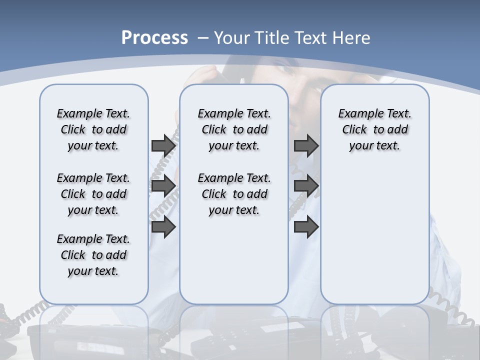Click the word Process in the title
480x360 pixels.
154,38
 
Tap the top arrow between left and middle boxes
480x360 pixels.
163,145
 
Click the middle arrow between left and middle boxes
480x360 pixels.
163,186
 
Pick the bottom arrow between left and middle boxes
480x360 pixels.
163,226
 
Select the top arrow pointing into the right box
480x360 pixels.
306,145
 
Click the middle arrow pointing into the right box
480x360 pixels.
306,186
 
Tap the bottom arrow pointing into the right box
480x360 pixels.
306,226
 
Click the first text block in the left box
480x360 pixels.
93,129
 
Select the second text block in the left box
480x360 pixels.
93,194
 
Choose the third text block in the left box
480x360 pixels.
93,255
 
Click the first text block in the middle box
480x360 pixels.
234,129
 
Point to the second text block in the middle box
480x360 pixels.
234,194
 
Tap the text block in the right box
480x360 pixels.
374,129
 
